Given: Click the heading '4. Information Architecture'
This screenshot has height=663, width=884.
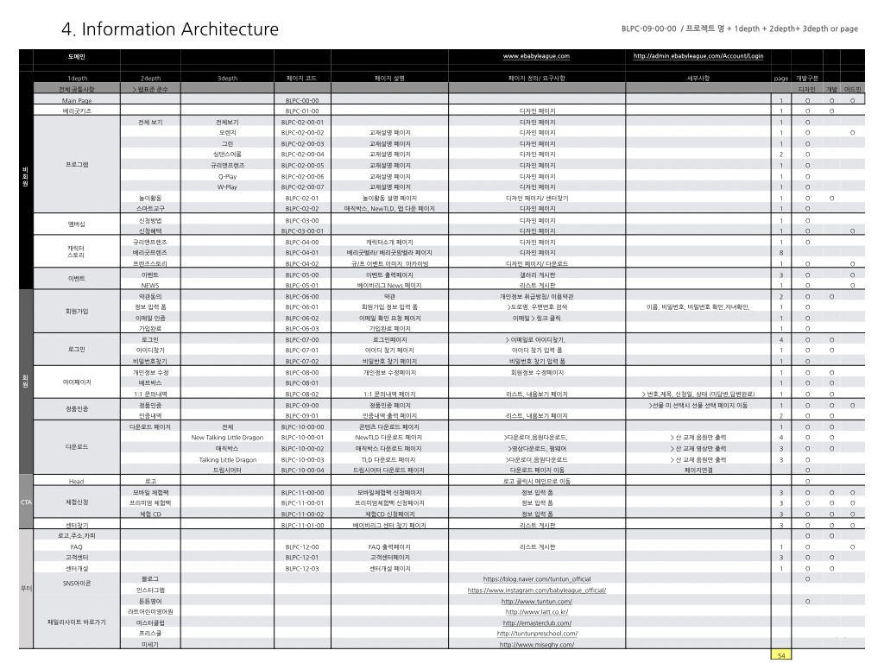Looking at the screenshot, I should pos(170,29).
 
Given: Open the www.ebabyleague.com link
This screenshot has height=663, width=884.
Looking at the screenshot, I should pos(536,56).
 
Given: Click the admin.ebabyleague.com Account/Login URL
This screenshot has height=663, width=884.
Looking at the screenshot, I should pos(698,56).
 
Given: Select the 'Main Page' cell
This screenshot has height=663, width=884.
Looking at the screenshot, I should pos(76,100).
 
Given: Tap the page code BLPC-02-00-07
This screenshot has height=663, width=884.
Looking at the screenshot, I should pos(303,186).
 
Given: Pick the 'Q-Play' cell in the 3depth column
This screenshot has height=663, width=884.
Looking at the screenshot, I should pos(227,176).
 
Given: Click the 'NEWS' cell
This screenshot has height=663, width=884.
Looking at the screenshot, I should pos(150,285).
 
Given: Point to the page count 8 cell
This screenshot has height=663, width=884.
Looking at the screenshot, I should pos(781,252).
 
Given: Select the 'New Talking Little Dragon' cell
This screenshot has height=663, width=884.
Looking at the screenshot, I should pos(227,438).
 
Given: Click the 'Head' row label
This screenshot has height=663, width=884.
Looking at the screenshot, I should pos(76,481).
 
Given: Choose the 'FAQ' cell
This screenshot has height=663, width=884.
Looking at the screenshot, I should pos(76,546).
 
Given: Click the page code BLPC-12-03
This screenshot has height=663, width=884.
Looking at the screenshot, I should pos(302,568).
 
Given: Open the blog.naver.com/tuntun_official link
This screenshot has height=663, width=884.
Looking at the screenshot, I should pos(536,578).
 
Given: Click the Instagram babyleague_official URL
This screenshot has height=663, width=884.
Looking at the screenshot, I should pos(536,590).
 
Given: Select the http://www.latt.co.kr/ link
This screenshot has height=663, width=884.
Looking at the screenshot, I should pos(536,611).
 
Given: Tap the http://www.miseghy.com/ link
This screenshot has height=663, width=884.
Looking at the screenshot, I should pos(536,644).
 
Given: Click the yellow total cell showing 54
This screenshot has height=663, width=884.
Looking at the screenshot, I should pos(781,655).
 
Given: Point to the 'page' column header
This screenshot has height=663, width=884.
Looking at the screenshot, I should pos(781,78).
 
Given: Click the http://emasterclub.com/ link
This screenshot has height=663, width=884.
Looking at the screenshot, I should pos(536,622).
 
